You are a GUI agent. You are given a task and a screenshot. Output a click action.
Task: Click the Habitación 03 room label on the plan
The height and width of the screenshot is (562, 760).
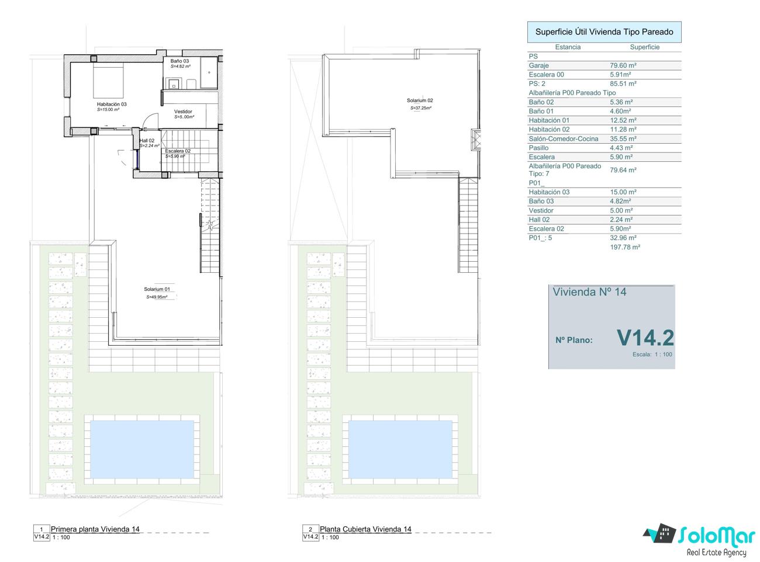coord(112,104)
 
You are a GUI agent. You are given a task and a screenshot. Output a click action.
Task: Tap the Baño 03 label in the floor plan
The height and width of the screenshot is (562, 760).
coord(179,61)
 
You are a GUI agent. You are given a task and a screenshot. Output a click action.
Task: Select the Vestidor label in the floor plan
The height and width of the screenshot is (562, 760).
coord(183,112)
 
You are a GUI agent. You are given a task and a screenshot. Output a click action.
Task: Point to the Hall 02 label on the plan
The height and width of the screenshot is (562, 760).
coord(147,140)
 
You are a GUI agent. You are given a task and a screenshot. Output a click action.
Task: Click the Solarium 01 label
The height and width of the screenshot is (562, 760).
coord(157,289)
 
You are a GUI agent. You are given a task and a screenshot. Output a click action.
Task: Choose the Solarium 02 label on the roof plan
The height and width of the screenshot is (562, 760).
coord(420,100)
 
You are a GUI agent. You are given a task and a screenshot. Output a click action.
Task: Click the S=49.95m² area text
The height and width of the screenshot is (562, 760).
coord(157,297)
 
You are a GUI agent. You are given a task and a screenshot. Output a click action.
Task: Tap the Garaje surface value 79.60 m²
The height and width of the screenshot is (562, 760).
coord(623,65)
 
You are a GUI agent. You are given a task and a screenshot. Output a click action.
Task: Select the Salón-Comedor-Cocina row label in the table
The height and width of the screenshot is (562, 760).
coord(564,138)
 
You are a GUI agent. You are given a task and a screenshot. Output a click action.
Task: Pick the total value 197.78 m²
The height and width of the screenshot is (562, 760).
coord(625,247)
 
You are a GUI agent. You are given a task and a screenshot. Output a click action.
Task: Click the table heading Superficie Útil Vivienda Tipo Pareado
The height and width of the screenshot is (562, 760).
coord(604,32)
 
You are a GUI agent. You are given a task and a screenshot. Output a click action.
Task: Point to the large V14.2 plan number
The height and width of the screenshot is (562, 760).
coord(645,338)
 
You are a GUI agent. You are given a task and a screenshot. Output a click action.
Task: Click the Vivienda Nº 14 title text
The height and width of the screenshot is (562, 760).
coord(589,292)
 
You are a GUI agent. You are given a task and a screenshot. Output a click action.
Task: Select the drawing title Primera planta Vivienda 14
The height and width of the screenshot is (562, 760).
coord(95,529)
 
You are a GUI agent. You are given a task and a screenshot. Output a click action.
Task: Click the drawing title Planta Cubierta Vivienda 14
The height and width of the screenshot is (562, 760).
coord(365,529)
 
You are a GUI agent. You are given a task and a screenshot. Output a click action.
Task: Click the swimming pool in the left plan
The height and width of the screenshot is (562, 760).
coord(142,449)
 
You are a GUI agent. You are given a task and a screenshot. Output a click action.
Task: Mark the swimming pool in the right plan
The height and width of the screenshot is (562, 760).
coord(400,449)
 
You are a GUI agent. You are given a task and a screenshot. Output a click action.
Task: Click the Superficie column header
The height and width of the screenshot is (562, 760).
coord(644,47)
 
